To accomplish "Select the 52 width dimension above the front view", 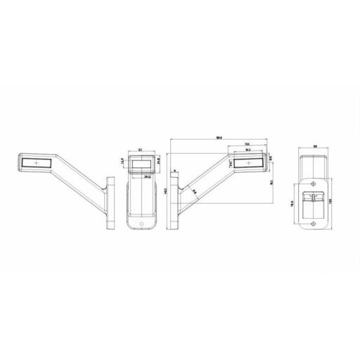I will (141, 150).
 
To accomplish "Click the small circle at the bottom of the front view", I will (141, 226).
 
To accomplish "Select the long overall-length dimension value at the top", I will (220, 138).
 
